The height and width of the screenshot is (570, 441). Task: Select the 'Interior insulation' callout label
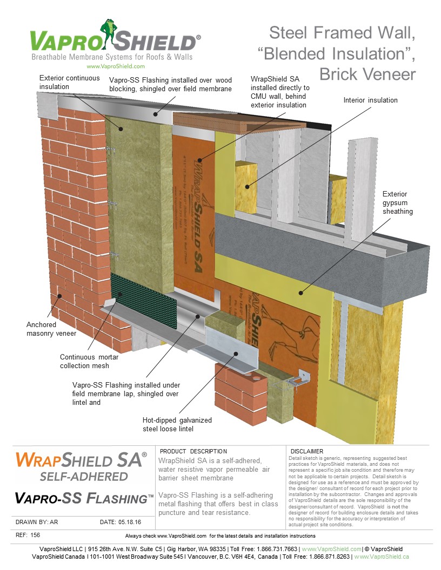pyautogui.click(x=371, y=100)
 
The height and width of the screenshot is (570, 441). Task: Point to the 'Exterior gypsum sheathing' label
pyautogui.click(x=397, y=202)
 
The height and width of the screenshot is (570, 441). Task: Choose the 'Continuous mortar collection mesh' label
pyautogui.click(x=89, y=361)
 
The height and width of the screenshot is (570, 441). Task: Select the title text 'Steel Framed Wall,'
pyautogui.click(x=342, y=33)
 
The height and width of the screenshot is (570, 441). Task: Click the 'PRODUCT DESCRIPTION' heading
pyautogui.click(x=194, y=451)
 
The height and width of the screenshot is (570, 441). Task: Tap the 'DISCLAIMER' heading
pyautogui.click(x=306, y=451)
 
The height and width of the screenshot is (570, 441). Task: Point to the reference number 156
pyautogui.click(x=35, y=535)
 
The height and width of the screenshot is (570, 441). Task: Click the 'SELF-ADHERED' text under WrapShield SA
pyautogui.click(x=83, y=477)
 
